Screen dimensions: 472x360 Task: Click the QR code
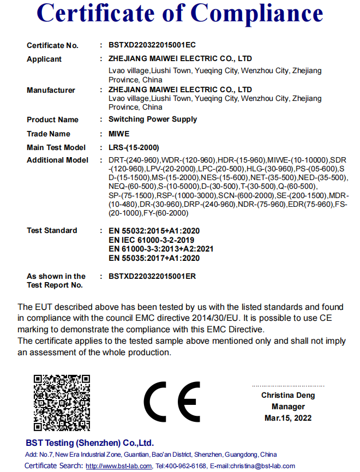(x=62, y=403)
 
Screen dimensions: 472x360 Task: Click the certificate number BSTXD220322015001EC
(x=152, y=45)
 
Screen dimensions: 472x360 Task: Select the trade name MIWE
(x=119, y=134)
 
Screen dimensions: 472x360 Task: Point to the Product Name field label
(x=52, y=120)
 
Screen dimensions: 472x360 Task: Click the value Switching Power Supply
(x=153, y=119)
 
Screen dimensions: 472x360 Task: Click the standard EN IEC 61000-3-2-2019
(x=152, y=240)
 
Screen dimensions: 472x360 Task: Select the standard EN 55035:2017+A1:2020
(x=154, y=258)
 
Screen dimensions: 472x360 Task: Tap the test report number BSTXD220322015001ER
(x=152, y=276)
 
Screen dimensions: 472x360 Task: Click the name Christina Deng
(x=288, y=395)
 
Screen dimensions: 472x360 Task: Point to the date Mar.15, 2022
(x=288, y=418)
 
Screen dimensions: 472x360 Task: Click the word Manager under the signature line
(x=288, y=407)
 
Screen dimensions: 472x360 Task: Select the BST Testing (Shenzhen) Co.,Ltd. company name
(x=90, y=443)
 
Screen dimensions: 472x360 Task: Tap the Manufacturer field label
(x=51, y=90)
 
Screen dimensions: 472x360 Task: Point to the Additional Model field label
(x=57, y=160)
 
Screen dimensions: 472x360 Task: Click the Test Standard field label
(x=52, y=230)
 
